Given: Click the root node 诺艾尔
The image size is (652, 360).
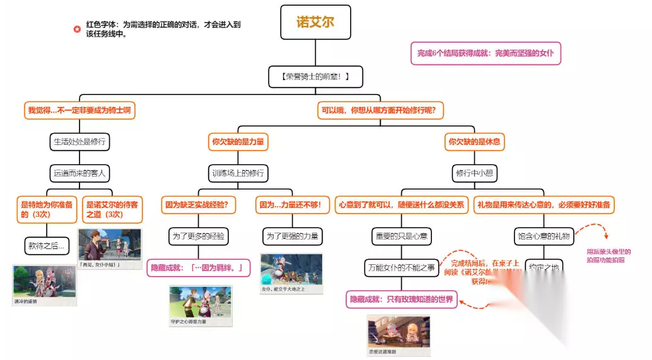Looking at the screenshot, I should [x=315, y=23].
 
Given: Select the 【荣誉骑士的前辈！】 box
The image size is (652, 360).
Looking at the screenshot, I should [x=315, y=77].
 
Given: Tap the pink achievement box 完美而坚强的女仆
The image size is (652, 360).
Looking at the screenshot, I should [x=486, y=54].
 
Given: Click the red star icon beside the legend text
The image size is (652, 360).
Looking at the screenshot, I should [x=77, y=29].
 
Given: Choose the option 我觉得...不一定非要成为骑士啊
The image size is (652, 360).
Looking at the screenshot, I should [x=80, y=110].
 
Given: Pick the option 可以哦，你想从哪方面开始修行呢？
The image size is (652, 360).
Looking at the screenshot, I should [x=381, y=110].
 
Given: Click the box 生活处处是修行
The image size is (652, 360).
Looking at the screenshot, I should [x=79, y=142].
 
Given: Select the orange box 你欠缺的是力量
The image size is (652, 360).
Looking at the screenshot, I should [x=238, y=142].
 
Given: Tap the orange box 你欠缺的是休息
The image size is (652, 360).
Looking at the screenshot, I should [x=474, y=142].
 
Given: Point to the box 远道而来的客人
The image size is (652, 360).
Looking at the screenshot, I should [x=79, y=172].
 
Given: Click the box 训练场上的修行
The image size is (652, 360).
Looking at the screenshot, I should [x=238, y=172].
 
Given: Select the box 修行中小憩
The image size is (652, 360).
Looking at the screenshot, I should [x=474, y=172].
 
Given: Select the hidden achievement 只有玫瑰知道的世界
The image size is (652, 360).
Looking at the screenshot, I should [x=402, y=299].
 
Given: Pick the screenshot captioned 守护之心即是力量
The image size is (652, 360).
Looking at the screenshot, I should [x=201, y=306].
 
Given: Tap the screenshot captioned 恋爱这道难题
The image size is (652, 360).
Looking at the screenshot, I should [x=399, y=334].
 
